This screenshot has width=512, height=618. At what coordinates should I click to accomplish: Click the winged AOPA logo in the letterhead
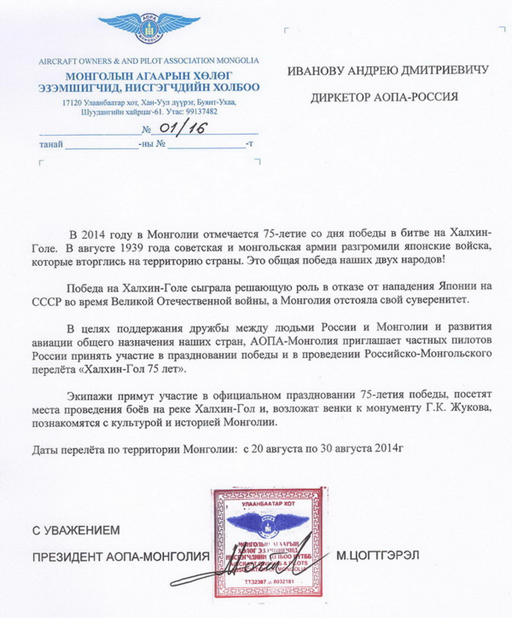pyautogui.click(x=149, y=28)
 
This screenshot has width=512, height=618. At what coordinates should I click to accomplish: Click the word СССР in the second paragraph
pyautogui.click(x=47, y=301)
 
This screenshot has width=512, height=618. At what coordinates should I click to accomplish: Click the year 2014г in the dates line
pyautogui.click(x=389, y=448)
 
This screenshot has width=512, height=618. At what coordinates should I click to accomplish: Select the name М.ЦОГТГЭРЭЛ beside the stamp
pyautogui.click(x=377, y=555)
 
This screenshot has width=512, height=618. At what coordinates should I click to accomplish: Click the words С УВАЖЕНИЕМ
pyautogui.click(x=76, y=530)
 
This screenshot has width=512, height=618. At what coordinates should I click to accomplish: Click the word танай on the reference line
pyautogui.click(x=50, y=144)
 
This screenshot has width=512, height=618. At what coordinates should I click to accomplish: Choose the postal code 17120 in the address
pyautogui.click(x=71, y=103)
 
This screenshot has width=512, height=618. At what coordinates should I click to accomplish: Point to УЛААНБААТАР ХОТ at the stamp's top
pyautogui.click(x=268, y=503)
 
